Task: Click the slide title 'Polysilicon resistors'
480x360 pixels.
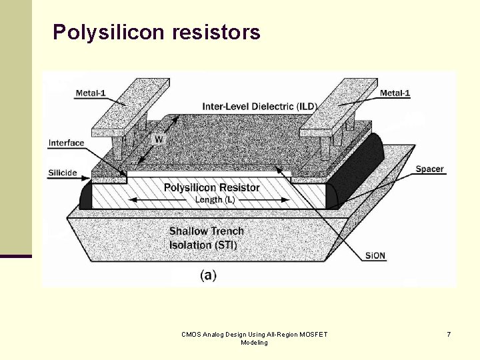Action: (x=157, y=32)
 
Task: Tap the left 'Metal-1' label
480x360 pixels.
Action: (x=91, y=93)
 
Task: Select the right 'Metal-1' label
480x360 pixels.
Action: (x=395, y=93)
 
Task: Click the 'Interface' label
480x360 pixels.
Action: (x=67, y=143)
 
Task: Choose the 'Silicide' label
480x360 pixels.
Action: (x=63, y=173)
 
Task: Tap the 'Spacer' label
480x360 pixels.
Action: (x=429, y=169)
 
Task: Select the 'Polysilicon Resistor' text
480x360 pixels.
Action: (x=212, y=187)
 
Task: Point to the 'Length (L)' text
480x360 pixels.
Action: (x=215, y=199)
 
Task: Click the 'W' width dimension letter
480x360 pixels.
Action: (x=159, y=139)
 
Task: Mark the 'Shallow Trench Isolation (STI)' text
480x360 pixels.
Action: (x=206, y=238)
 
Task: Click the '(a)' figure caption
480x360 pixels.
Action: (x=208, y=275)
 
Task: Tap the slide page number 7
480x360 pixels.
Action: (x=449, y=334)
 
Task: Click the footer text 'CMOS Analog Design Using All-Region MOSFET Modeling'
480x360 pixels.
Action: (x=255, y=338)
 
